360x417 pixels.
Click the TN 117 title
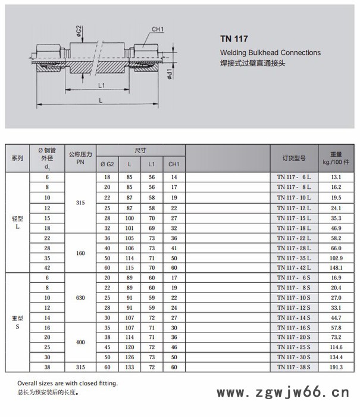coord(234,39)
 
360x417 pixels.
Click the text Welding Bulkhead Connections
coord(270,52)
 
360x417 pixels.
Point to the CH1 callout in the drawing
coord(158,29)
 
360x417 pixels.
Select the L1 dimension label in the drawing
coord(102,86)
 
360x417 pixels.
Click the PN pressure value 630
coord(80,297)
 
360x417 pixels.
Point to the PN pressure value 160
coord(80,253)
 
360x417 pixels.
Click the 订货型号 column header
coord(294,158)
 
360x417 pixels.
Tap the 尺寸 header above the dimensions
coord(140,151)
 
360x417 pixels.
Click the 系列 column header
coord(17,158)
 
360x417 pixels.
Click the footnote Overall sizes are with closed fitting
coord(67,383)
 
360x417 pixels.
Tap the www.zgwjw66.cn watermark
coord(282,393)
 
